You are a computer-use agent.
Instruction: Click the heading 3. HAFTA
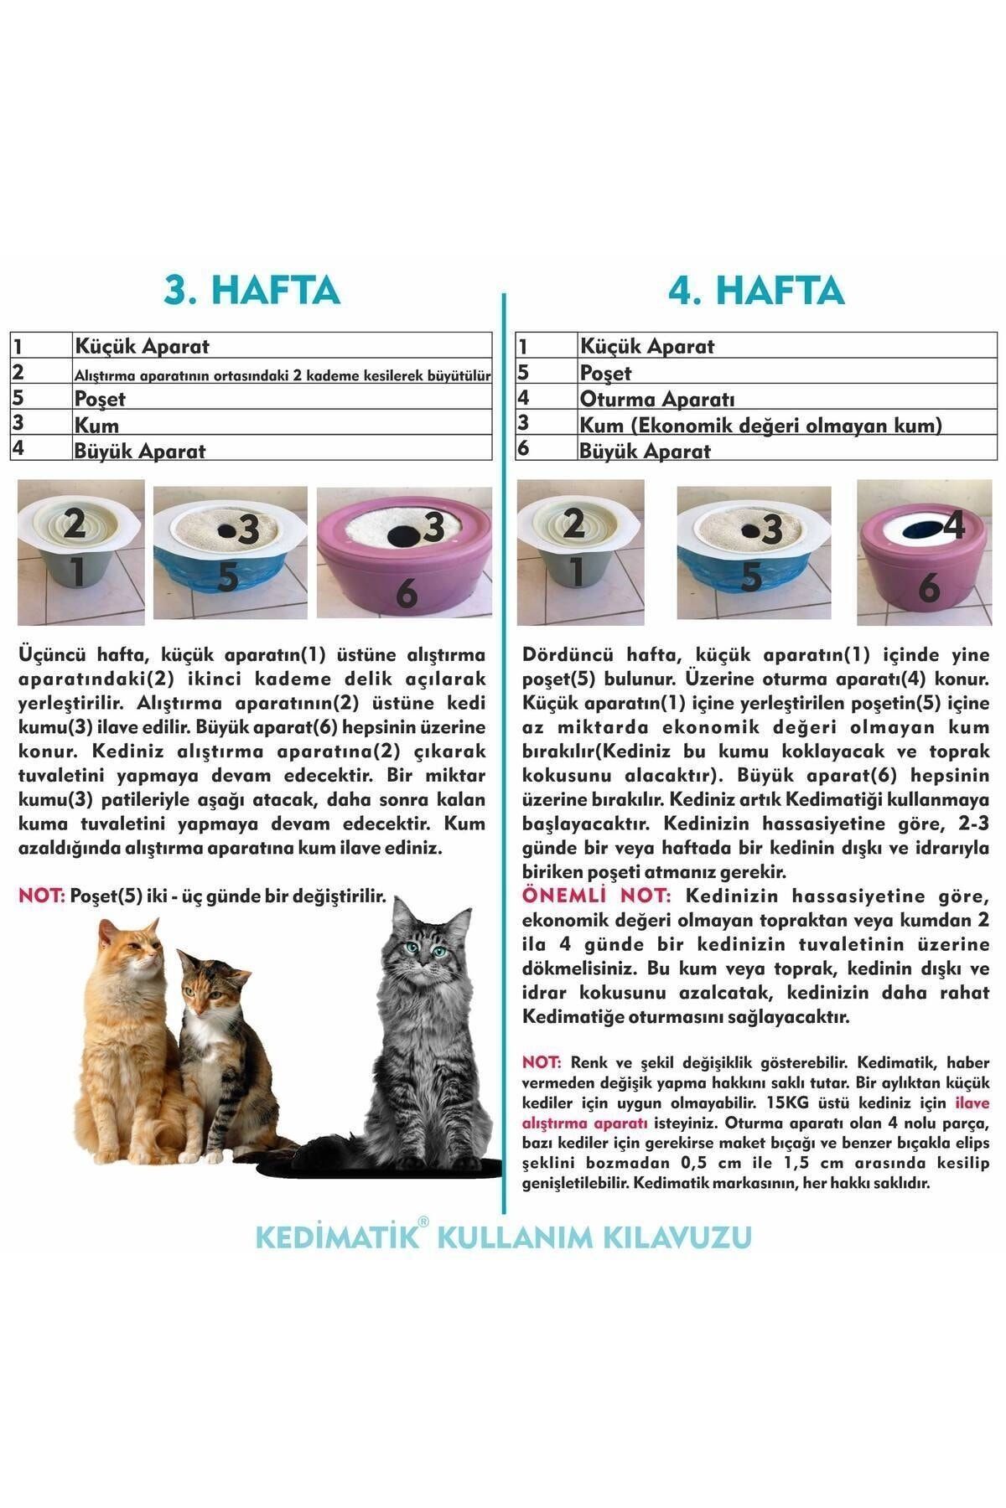(251, 289)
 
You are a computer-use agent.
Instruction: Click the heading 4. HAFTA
(756, 289)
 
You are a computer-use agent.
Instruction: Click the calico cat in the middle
(214, 1047)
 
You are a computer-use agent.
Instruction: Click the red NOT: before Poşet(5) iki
(41, 896)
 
